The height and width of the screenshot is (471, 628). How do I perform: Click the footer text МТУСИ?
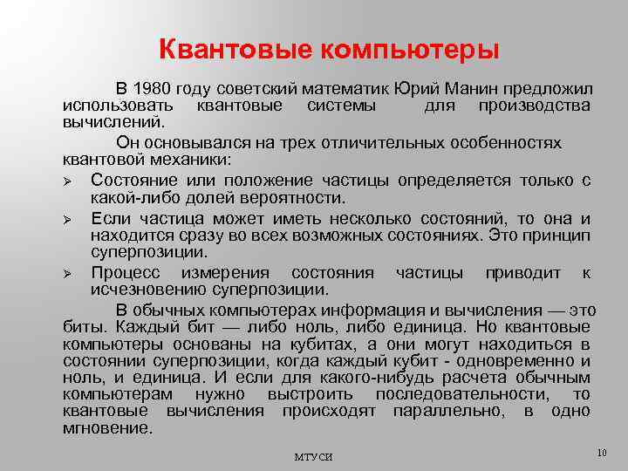(x=313, y=457)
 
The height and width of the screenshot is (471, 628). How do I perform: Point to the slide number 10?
(x=601, y=452)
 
